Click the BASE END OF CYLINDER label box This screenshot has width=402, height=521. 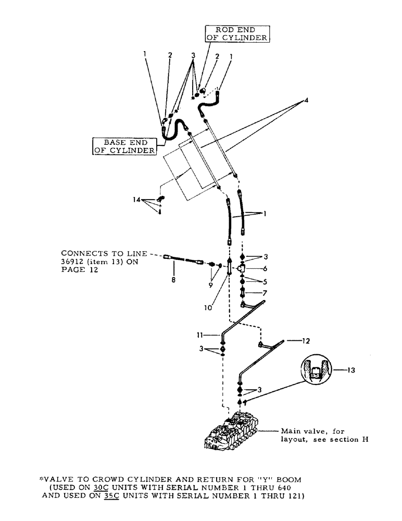point(125,146)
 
